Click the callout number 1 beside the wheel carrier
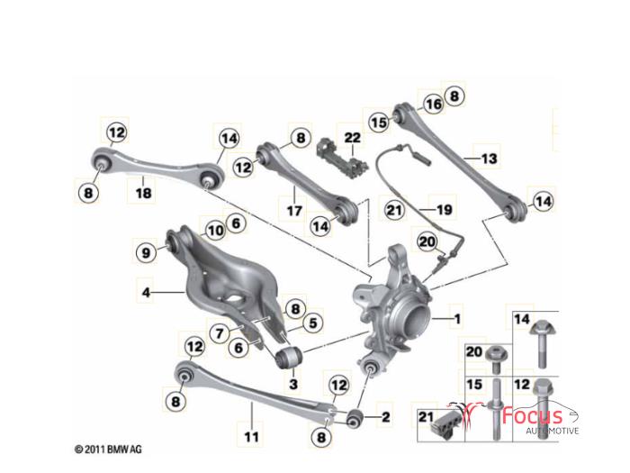click(457, 319)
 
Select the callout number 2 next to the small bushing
click(386, 417)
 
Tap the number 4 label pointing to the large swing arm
click(146, 292)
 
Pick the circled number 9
click(146, 252)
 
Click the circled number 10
click(215, 231)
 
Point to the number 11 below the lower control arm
click(251, 436)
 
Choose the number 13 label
click(489, 159)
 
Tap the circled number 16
click(434, 105)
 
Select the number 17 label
click(294, 210)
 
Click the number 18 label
click(144, 193)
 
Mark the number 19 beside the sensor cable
click(445, 210)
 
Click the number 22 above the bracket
click(353, 138)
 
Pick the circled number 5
click(313, 323)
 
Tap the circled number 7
click(220, 333)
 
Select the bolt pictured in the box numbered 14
click(542, 344)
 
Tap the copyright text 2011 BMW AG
click(109, 450)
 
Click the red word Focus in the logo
click(533, 415)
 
